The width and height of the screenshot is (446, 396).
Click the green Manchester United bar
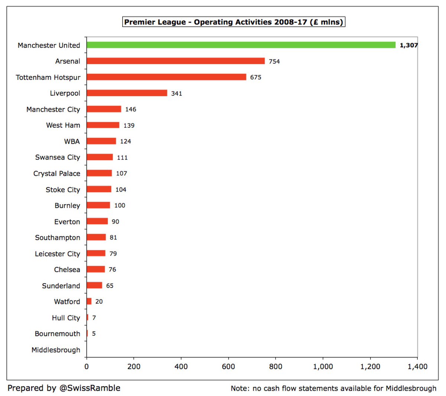click(x=241, y=45)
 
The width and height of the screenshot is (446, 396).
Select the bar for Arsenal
click(x=175, y=61)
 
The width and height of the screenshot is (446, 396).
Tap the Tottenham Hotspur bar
click(x=166, y=77)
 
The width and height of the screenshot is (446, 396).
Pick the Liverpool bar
click(x=127, y=93)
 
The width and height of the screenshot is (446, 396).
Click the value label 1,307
click(x=408, y=45)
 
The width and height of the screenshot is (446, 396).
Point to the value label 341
click(x=177, y=94)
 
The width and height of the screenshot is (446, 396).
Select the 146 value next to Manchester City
click(x=130, y=109)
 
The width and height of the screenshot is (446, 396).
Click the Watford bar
click(x=89, y=301)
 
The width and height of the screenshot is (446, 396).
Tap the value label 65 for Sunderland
click(x=110, y=286)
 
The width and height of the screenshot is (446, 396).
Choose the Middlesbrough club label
click(x=56, y=350)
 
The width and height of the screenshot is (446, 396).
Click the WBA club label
click(x=72, y=141)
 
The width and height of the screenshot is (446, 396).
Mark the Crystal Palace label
click(x=56, y=173)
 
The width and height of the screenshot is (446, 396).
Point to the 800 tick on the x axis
click(x=275, y=367)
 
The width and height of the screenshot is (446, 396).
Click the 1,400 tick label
click(x=417, y=367)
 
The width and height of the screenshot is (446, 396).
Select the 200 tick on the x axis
click(x=134, y=367)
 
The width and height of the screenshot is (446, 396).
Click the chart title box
click(x=233, y=22)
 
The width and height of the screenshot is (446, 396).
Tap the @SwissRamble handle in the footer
click(x=90, y=388)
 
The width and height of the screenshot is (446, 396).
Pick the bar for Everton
click(x=97, y=221)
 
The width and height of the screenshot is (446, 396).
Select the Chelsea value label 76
click(x=112, y=269)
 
